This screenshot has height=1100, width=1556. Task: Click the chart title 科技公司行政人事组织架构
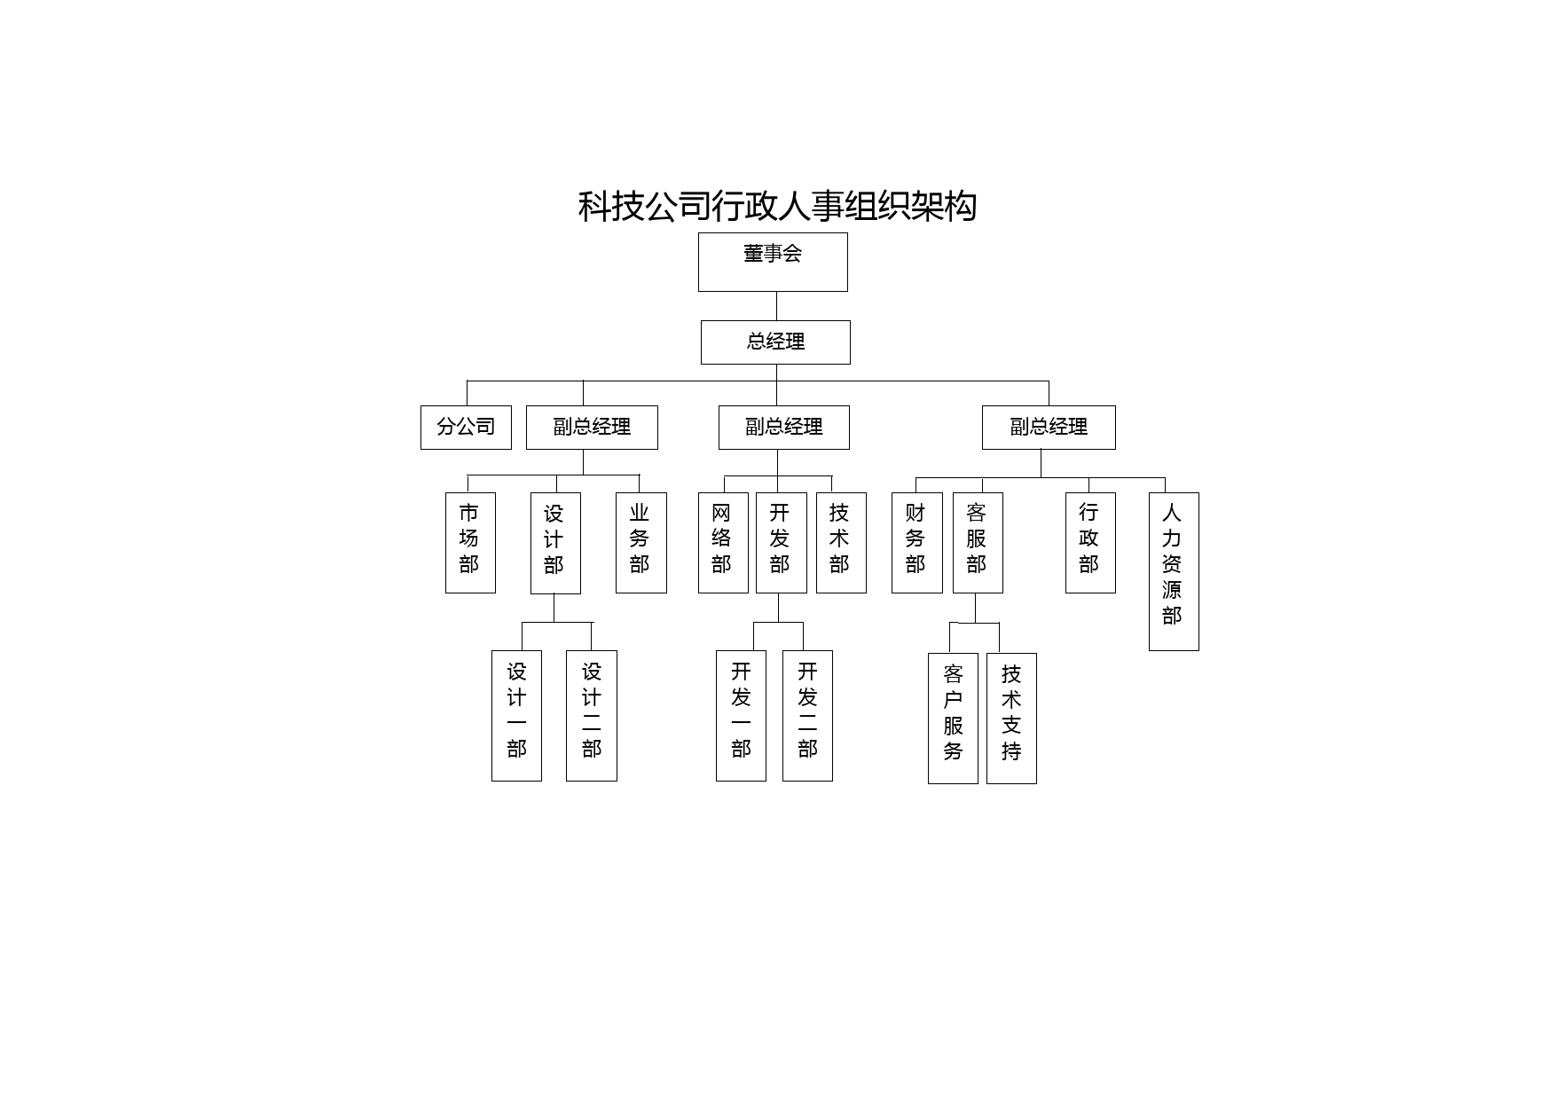point(777,206)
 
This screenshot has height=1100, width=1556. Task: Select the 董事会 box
point(773,262)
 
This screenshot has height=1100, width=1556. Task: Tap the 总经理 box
point(775,342)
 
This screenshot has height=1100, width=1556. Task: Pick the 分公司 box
point(466,428)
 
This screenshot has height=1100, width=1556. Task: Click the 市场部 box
point(470,543)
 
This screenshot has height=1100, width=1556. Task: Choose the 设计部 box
point(555,543)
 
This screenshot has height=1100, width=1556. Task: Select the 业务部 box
point(641,543)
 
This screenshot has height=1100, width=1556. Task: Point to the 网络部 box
point(723,543)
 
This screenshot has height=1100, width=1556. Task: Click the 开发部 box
point(782,543)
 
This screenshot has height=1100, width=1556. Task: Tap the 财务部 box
point(917,543)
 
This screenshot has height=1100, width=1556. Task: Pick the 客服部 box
point(978,543)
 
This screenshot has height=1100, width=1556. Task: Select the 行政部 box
point(1090,543)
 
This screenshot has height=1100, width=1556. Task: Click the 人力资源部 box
point(1174,571)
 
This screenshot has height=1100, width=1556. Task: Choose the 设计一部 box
point(516,716)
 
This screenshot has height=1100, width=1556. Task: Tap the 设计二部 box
point(592,716)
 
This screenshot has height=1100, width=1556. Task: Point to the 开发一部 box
point(741,716)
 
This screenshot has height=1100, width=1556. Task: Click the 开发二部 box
point(807,716)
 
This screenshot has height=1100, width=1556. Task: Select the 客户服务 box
point(953,719)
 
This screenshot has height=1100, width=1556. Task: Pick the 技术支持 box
point(1011,719)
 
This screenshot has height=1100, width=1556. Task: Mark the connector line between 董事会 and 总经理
point(776,306)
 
